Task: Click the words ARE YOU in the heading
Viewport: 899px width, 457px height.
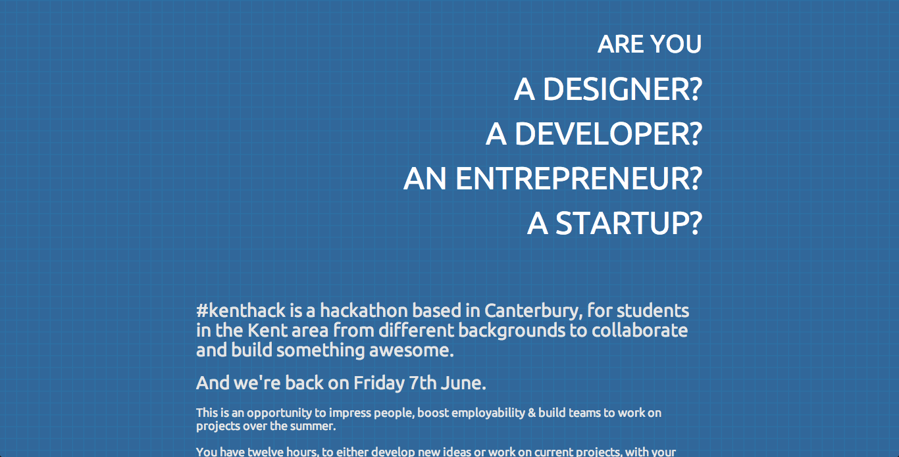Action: (x=650, y=44)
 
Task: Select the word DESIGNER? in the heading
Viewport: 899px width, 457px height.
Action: (x=622, y=89)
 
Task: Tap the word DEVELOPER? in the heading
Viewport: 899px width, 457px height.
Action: (x=608, y=134)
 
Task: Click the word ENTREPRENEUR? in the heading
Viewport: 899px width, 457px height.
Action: (x=578, y=179)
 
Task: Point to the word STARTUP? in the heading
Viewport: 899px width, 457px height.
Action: (x=629, y=224)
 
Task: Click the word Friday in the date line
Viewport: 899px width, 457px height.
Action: (x=378, y=383)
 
